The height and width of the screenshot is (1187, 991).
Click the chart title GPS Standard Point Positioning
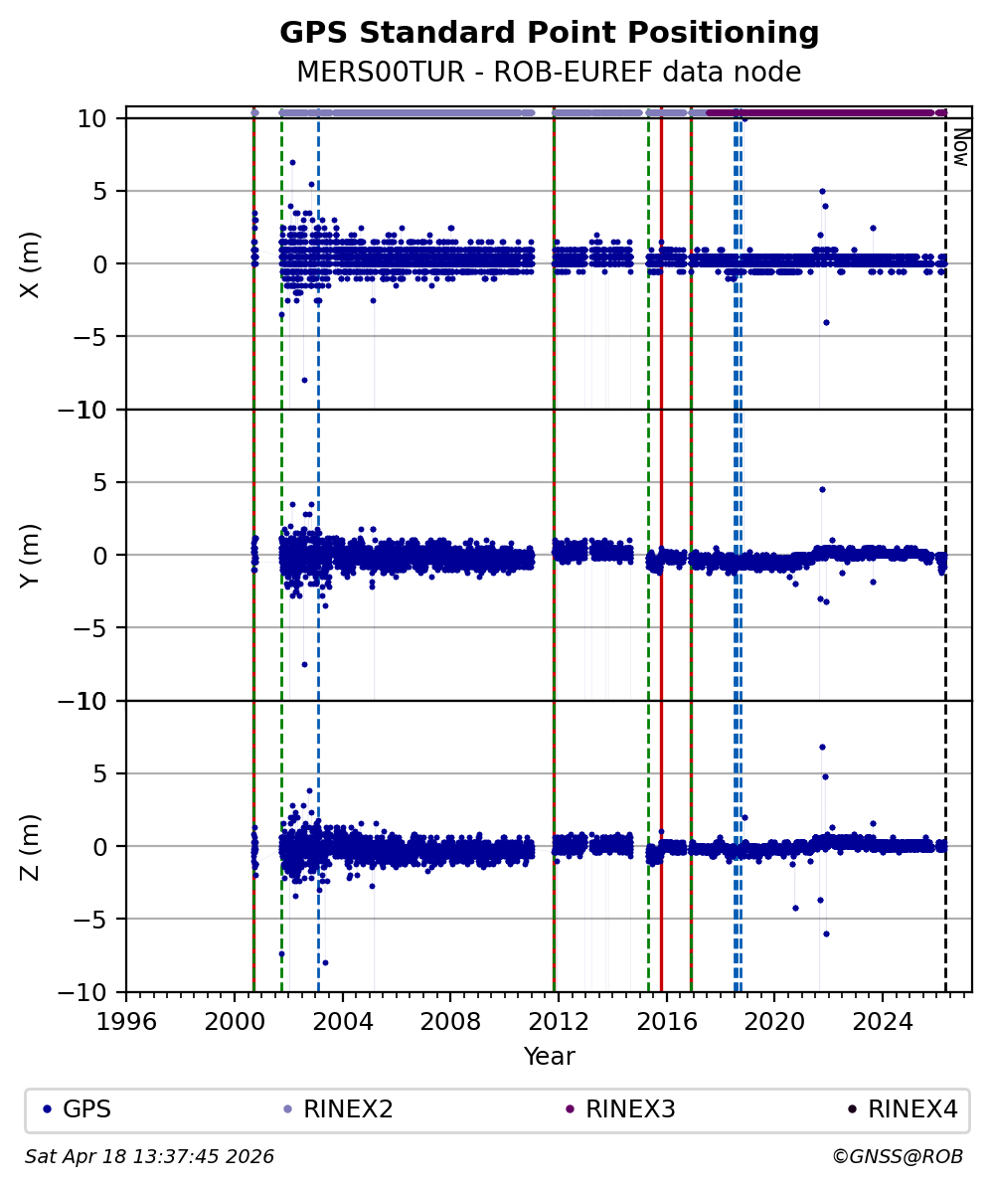coord(549,33)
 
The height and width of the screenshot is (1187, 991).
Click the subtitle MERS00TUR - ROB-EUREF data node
coord(549,73)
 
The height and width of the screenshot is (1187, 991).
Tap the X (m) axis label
coord(31,263)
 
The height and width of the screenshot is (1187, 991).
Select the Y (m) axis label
coord(31,555)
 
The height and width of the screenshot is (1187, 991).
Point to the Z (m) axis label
coord(31,846)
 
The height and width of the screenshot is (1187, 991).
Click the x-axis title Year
coord(549,1056)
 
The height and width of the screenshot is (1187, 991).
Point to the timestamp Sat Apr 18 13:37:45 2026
coord(149,1157)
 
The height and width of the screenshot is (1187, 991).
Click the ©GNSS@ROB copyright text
coord(897,1157)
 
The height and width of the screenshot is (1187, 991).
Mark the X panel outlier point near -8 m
coord(304,380)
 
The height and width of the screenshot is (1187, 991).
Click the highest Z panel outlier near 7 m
coord(822,747)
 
